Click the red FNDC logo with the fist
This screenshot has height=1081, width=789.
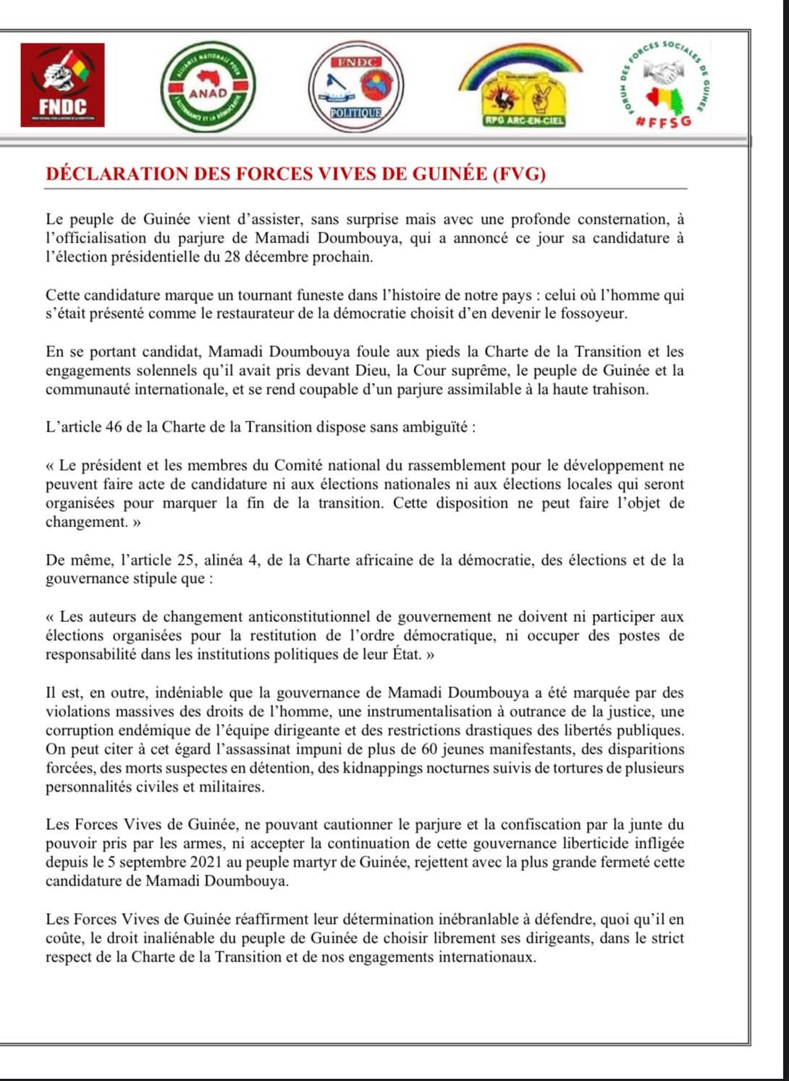62,85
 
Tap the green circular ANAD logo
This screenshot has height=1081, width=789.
208,85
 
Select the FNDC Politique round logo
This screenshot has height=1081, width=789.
355,86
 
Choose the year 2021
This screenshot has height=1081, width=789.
201,862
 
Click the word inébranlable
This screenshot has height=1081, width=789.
483,920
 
